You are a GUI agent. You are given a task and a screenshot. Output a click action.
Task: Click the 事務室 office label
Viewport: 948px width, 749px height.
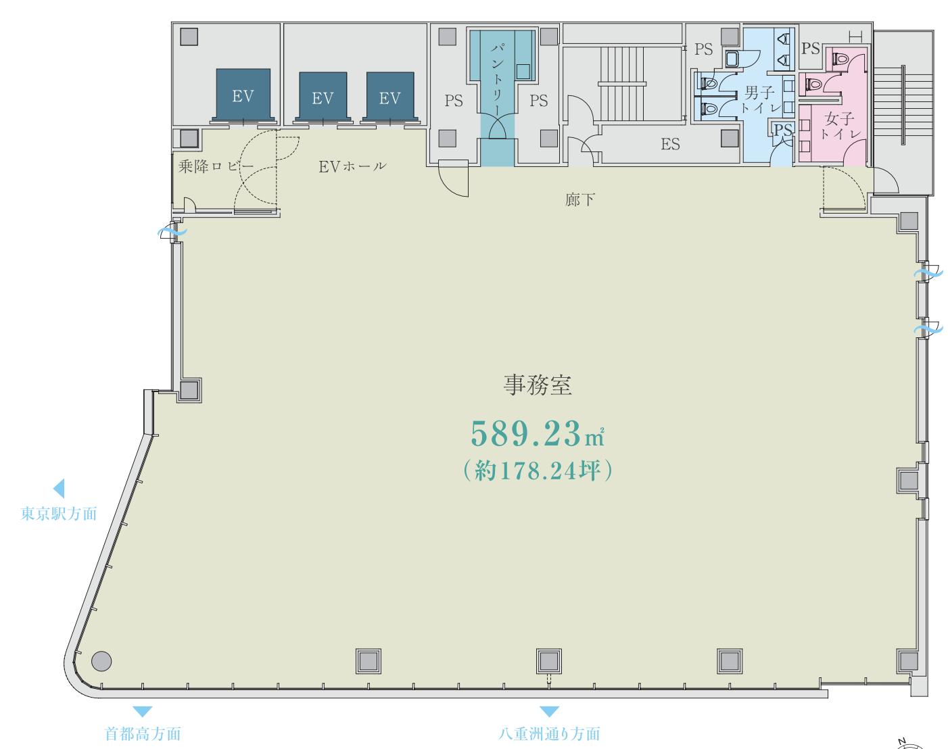[x=538, y=385]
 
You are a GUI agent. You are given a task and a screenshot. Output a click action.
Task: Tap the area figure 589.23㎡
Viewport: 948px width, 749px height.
[x=538, y=434]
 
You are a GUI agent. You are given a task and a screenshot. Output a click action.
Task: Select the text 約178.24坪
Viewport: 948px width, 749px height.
[x=538, y=470]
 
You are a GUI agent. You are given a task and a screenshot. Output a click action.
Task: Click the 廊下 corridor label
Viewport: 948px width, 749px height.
[x=579, y=200]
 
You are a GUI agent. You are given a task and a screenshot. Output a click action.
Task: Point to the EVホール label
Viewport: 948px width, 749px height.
[x=352, y=166]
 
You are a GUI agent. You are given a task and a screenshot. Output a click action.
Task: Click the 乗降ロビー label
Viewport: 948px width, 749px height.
[x=216, y=166]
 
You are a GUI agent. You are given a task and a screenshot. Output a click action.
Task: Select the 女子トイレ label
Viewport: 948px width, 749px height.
[x=840, y=126]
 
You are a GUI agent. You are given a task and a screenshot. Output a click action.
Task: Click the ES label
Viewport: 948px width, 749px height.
[x=670, y=144]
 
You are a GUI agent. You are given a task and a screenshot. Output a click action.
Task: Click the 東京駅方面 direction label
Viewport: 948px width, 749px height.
[x=59, y=514]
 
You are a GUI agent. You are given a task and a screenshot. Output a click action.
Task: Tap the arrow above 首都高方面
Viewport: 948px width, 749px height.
[x=142, y=711]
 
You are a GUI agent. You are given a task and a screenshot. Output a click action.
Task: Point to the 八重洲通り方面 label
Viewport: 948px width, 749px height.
[x=549, y=734]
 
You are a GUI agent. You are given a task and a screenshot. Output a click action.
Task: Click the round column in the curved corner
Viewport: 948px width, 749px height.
[x=101, y=661]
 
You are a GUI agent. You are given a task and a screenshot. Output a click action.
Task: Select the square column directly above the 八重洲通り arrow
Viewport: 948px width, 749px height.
[x=549, y=661]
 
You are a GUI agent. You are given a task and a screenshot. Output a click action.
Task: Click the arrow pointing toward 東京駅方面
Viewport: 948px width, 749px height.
[x=59, y=488]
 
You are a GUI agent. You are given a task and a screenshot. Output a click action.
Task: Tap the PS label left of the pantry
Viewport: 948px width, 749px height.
[x=454, y=101]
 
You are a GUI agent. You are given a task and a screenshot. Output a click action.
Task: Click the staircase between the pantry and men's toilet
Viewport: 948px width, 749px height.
[x=621, y=84]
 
